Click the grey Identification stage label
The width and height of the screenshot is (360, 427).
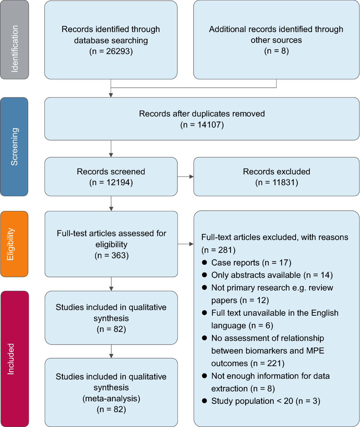14,40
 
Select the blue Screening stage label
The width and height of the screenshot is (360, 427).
14,147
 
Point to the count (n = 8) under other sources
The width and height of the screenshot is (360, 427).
276,51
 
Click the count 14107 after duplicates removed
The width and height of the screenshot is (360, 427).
209,125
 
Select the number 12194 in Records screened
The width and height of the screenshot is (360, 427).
118,182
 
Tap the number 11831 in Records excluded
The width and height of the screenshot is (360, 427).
283,182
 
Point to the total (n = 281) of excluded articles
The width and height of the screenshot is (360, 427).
218,250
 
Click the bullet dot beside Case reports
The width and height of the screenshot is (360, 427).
205,263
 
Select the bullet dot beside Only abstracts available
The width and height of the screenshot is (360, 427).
205,275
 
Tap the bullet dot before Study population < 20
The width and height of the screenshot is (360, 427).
205,401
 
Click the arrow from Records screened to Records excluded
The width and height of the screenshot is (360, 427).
185,177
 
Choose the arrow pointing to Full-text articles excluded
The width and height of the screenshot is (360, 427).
185,244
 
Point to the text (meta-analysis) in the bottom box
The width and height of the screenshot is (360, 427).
111,398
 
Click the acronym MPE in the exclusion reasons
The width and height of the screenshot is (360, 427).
315,351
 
